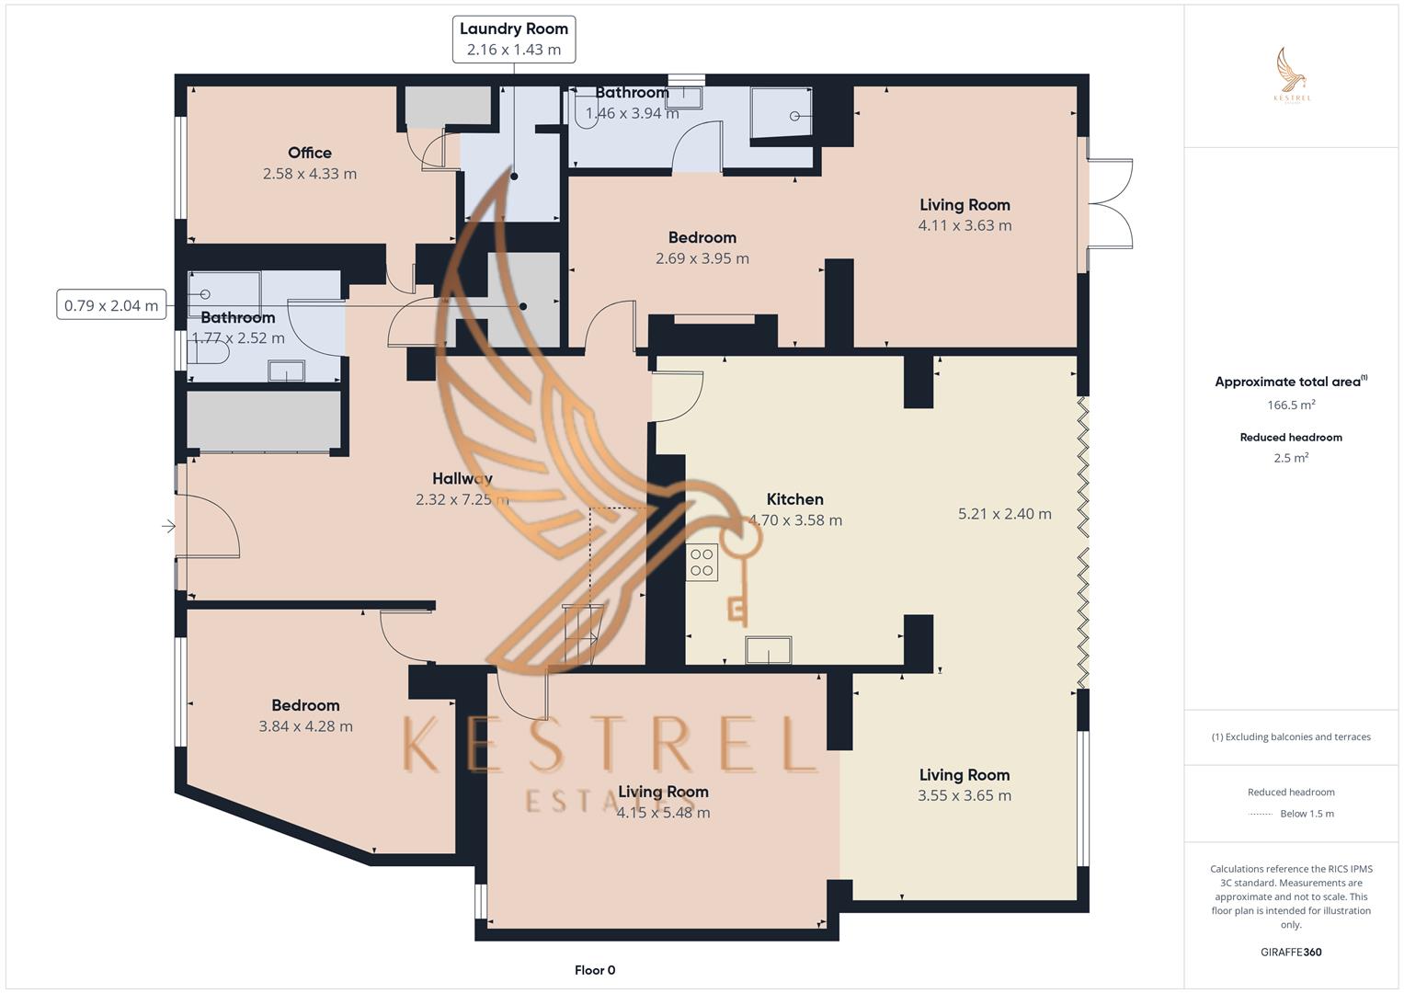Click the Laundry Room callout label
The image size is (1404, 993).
(x=513, y=40)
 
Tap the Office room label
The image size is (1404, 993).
(x=309, y=153)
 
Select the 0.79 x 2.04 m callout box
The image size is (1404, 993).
(x=111, y=305)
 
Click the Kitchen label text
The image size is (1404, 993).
(x=794, y=499)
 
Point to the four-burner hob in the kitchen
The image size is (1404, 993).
(x=702, y=562)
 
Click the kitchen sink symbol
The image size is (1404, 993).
(x=768, y=650)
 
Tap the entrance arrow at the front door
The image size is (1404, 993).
(x=169, y=527)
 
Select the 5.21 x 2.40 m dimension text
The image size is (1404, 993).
(x=1004, y=514)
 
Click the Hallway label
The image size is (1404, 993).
(x=462, y=478)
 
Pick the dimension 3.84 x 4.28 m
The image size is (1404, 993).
(x=305, y=726)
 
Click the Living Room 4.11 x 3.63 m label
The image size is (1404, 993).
(x=965, y=205)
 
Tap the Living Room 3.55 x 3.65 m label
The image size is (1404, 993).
(x=964, y=775)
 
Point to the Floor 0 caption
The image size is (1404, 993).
(x=594, y=970)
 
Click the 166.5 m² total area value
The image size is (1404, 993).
(x=1290, y=405)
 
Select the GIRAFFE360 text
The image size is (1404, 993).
(x=1290, y=953)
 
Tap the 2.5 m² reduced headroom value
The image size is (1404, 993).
(x=1290, y=458)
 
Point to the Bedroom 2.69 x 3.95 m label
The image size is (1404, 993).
(x=702, y=238)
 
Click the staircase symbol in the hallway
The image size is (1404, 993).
(x=581, y=634)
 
